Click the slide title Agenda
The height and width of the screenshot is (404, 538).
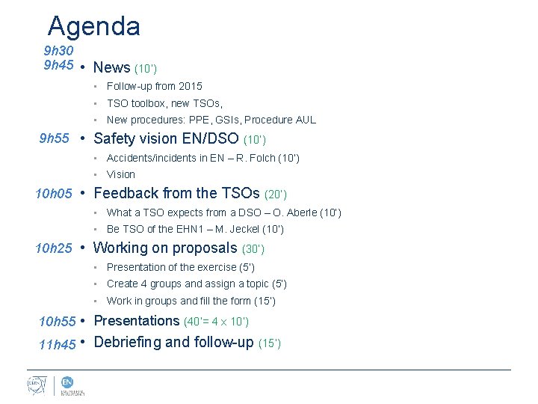93,27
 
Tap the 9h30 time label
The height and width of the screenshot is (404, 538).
58,51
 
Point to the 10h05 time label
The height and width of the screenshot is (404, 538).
54,194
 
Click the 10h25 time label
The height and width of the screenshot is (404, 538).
55,248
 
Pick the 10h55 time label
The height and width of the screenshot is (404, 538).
57,322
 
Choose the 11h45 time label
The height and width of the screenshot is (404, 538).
57,344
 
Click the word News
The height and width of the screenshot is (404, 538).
112,67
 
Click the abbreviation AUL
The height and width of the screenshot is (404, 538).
306,120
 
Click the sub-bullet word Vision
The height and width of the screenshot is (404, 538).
121,174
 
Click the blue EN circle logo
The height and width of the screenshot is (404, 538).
67,382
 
